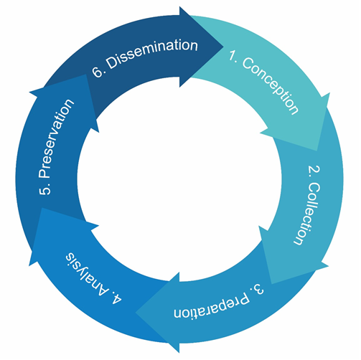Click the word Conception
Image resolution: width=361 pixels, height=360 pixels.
tap(271, 85)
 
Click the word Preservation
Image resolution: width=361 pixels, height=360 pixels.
tap(56, 138)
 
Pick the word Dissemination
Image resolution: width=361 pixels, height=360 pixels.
tap(151, 55)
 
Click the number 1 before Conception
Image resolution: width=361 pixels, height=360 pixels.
tap(233, 55)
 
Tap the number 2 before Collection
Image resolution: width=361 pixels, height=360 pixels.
tap(314, 171)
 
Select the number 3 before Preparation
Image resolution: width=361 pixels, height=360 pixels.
tap(258, 289)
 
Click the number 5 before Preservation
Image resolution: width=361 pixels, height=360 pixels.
tap(45, 189)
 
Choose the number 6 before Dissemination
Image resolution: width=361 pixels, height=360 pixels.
tap(98, 72)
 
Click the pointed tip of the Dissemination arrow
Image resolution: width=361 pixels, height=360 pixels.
tap(223, 47)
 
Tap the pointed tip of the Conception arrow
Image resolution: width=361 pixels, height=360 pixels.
tap(317, 151)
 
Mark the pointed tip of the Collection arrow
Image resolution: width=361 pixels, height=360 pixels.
tap(271, 284)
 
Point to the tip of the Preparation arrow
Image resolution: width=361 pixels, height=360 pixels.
tap(136, 313)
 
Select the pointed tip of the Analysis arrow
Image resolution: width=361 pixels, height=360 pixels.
tap(42, 208)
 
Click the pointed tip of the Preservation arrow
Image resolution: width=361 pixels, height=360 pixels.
tap(86, 75)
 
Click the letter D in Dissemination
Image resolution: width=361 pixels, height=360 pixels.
tap(112, 62)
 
